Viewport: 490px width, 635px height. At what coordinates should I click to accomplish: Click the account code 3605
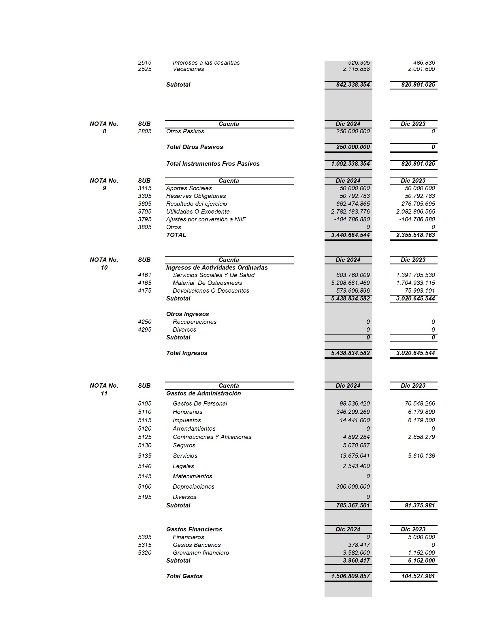[145, 204]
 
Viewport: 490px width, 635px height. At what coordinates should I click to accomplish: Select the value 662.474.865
[353, 204]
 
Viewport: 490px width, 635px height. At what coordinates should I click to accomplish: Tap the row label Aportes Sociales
[189, 188]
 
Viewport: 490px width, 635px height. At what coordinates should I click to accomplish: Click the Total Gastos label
[184, 576]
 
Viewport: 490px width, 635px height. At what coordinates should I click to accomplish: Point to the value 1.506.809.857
[350, 576]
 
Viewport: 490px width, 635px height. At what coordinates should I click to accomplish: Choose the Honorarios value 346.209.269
[353, 412]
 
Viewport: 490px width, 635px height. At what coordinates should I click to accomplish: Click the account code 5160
[145, 486]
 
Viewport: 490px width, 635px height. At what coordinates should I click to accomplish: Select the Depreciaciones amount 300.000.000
[353, 486]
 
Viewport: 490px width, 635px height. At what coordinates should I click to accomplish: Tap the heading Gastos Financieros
[194, 529]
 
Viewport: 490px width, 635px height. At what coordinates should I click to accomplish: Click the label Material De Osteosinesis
[207, 283]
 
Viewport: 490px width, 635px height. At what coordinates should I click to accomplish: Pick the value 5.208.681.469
[350, 283]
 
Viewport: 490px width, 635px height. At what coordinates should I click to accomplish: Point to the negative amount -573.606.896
[352, 290]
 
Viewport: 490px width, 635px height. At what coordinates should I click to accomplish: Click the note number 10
[104, 268]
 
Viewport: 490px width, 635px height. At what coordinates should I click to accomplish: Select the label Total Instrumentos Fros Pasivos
[213, 164]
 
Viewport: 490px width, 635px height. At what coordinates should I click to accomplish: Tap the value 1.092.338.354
[350, 164]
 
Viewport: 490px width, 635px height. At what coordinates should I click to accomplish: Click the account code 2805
[145, 131]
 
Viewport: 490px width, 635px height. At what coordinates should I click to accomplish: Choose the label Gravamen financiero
[201, 553]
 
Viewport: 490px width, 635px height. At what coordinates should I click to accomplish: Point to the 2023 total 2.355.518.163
[415, 235]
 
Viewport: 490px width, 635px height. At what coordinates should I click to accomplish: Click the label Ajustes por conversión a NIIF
[206, 219]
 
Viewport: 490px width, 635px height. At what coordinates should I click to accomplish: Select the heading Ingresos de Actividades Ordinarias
[217, 268]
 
